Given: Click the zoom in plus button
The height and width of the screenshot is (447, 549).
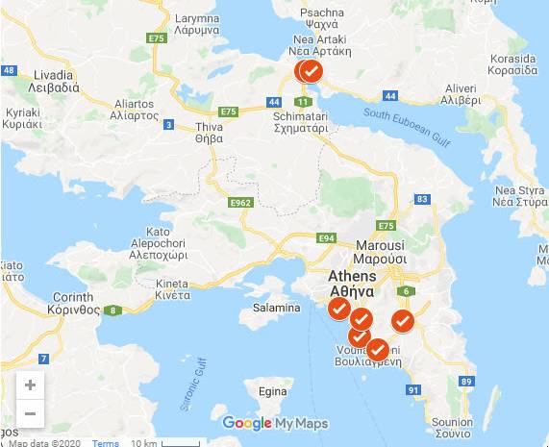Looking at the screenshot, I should (30, 385).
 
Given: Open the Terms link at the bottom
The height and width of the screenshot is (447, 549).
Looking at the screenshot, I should (106, 442).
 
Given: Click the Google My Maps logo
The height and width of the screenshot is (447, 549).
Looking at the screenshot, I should (275, 423).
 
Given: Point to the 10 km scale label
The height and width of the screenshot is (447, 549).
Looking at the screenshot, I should (143, 442).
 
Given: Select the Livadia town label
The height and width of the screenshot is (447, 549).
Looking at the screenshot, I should (39, 81).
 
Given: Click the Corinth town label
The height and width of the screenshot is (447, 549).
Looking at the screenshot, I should (74, 304).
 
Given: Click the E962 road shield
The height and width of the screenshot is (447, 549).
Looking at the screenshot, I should (240, 203).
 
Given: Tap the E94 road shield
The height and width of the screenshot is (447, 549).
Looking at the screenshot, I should (327, 237).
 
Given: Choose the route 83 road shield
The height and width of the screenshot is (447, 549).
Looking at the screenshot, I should (421, 198).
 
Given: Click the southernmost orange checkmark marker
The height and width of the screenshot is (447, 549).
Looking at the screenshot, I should (378, 349).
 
